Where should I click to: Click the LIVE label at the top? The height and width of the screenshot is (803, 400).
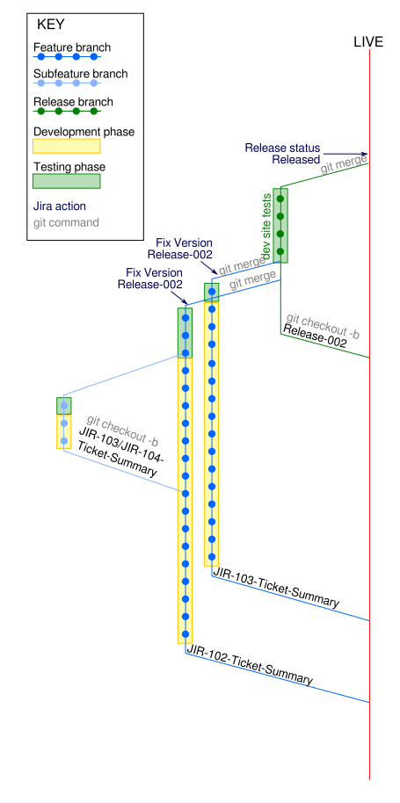point(368,42)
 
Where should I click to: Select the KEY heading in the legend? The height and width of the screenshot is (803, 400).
point(51,25)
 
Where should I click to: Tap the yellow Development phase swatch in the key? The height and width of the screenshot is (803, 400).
point(67,146)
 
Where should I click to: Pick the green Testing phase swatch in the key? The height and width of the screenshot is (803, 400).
point(67,181)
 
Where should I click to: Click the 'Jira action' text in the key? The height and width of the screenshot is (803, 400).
point(60,206)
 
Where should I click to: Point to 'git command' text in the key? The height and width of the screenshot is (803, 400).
point(66,223)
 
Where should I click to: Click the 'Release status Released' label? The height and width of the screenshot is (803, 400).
point(282,154)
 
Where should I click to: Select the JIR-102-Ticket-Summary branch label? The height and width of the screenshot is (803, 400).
point(250,665)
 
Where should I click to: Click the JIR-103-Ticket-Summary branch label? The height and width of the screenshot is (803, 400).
point(276,588)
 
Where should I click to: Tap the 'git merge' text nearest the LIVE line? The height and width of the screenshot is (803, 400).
point(344,164)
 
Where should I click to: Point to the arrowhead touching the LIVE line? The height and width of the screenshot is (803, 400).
point(365,154)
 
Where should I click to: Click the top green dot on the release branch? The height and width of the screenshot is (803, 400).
point(280,199)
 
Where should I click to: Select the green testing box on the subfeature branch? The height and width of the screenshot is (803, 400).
point(64,406)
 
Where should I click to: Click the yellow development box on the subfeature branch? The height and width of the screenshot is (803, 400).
point(64,431)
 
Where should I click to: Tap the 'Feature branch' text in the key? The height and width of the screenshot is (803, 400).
point(72,48)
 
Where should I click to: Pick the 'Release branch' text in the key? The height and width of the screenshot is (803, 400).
point(73,102)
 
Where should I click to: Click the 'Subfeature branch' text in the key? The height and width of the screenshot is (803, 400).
point(80,75)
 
